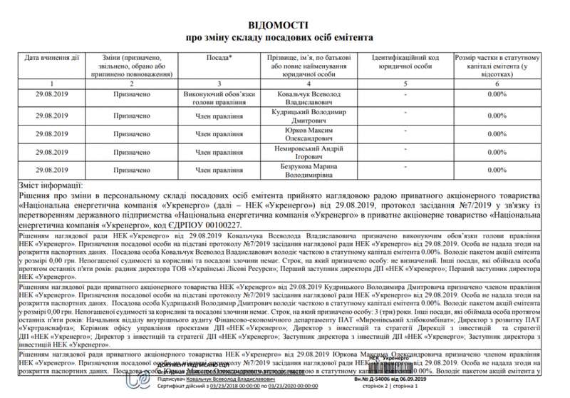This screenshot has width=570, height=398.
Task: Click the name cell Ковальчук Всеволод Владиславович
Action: pyautogui.click(x=308, y=98)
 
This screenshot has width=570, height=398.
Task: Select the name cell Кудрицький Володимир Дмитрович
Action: pyautogui.click(x=308, y=117)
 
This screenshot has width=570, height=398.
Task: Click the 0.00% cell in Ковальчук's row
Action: pyautogui.click(x=497, y=94)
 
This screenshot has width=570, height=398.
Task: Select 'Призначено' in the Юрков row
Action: pyautogui.click(x=131, y=133)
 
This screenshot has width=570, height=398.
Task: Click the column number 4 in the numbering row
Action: pyautogui.click(x=309, y=83)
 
